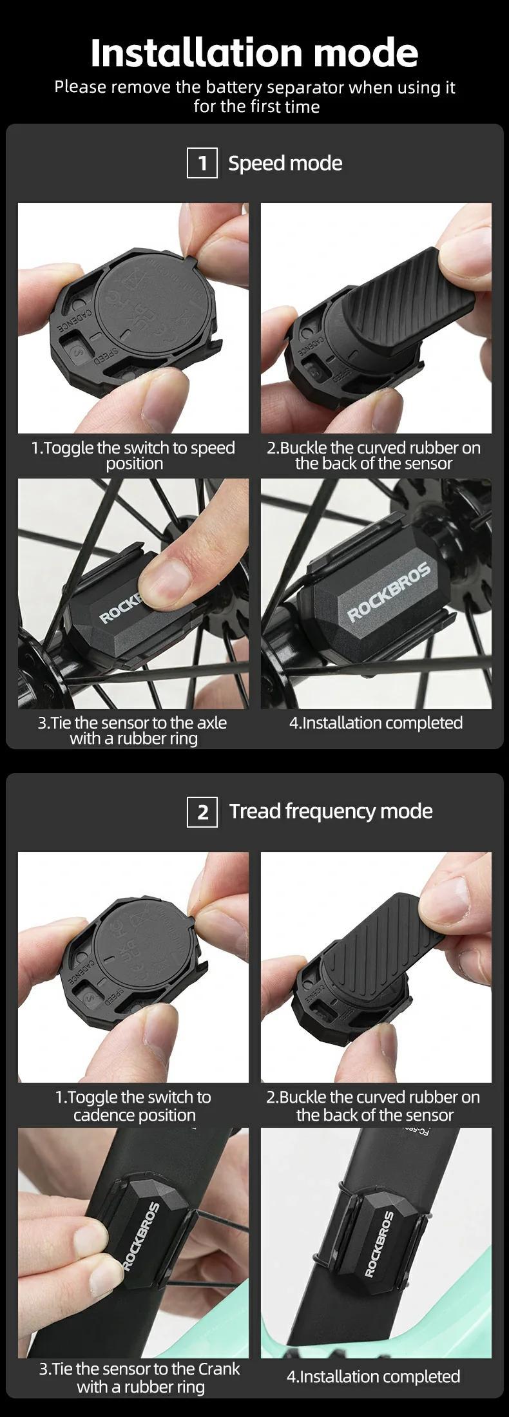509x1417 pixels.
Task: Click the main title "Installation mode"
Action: pyautogui.click(x=254, y=53)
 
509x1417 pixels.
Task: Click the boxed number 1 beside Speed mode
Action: pyautogui.click(x=202, y=163)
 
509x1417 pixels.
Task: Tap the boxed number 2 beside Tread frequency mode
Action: pyautogui.click(x=202, y=812)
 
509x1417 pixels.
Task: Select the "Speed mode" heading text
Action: pyautogui.click(x=285, y=163)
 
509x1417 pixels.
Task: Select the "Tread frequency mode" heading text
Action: pyautogui.click(x=331, y=811)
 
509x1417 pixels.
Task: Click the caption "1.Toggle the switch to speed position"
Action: pyautogui.click(x=133, y=455)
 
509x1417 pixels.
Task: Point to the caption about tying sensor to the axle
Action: pyautogui.click(x=133, y=730)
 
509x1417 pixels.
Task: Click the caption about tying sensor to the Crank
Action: pyautogui.click(x=140, y=1378)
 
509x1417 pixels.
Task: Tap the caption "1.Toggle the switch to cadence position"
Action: pyautogui.click(x=133, y=1106)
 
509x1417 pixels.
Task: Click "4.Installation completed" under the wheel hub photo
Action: pyautogui.click(x=376, y=723)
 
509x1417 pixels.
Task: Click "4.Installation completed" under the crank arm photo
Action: pyautogui.click(x=373, y=1376)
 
